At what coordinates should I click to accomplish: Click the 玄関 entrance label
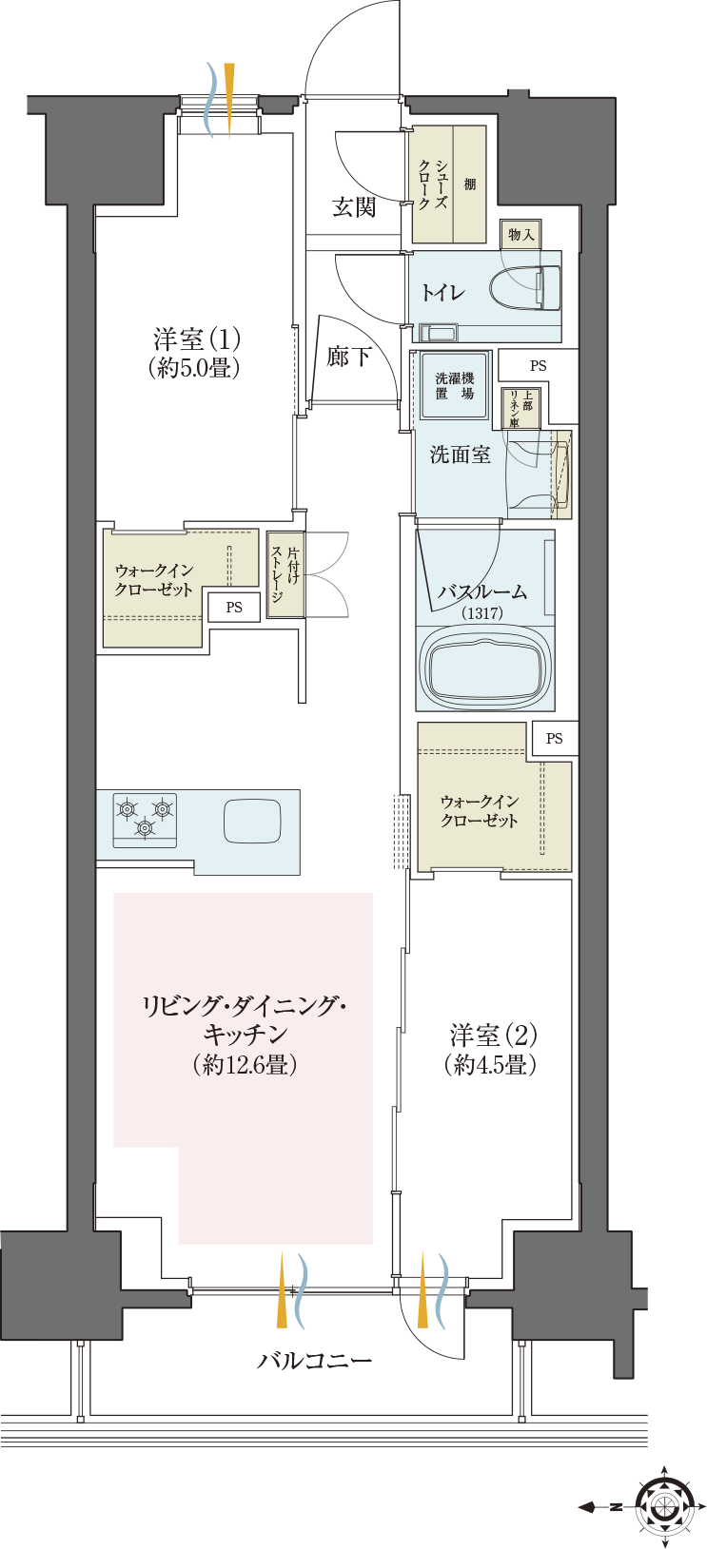354,206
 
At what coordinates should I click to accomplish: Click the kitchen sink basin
252,821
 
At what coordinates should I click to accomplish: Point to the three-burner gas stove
145,820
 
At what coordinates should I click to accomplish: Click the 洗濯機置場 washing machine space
455,386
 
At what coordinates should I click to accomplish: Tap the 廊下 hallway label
348,357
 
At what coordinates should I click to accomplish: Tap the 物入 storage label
520,234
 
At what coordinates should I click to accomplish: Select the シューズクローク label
433,184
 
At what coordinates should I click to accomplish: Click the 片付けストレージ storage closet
285,574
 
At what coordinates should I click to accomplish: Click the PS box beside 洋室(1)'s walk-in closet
234,608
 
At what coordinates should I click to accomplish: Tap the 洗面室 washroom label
460,455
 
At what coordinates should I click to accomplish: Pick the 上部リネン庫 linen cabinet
520,408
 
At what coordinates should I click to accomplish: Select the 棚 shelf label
470,184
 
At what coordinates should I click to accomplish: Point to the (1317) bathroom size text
482,612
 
